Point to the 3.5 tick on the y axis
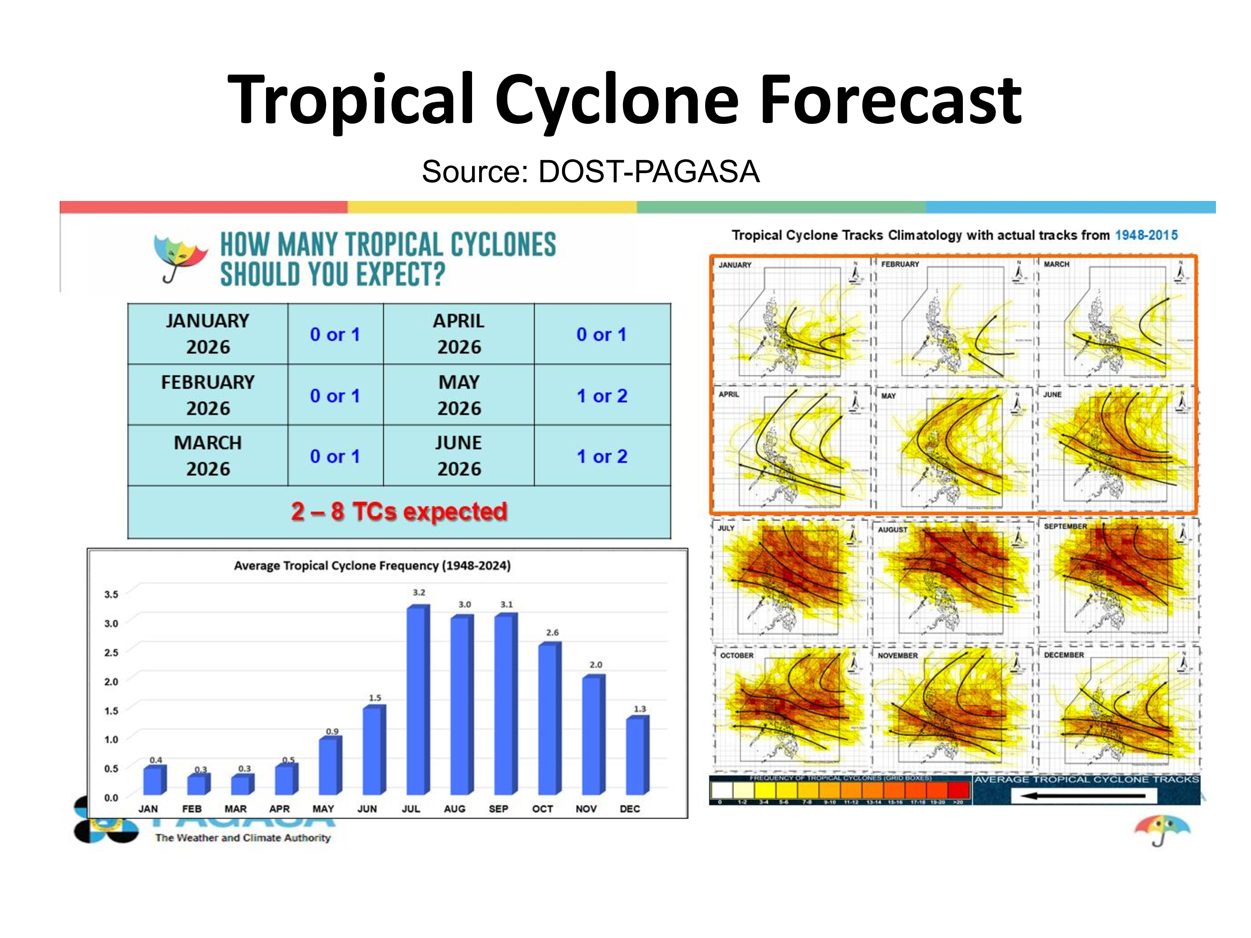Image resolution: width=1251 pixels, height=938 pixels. (x=111, y=594)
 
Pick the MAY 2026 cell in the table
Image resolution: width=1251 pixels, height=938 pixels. (x=459, y=395)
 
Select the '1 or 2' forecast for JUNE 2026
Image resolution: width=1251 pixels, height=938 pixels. (x=602, y=456)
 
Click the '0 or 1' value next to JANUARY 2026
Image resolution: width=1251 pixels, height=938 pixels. (x=335, y=334)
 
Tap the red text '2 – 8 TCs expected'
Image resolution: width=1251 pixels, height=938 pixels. (x=399, y=511)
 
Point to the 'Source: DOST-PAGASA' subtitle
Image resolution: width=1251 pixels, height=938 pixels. (x=590, y=171)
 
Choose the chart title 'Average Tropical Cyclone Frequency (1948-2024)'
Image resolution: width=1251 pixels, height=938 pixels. (x=372, y=565)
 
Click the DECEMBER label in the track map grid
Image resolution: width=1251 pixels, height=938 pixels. (x=1063, y=655)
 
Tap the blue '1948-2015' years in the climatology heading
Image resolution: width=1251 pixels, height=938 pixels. (x=1146, y=235)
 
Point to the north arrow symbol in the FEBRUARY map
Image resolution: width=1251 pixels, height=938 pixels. (x=1018, y=272)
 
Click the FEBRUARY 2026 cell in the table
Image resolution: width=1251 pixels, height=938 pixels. (x=208, y=395)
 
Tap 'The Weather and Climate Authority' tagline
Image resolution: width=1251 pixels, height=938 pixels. (x=243, y=838)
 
